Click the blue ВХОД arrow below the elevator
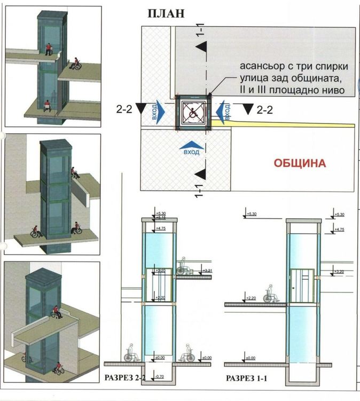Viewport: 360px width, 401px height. [191, 148]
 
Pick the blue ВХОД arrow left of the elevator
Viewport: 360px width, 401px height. [162, 113]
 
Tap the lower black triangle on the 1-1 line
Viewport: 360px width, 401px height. [201, 174]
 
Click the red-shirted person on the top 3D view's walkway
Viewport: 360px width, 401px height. [49, 49]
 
